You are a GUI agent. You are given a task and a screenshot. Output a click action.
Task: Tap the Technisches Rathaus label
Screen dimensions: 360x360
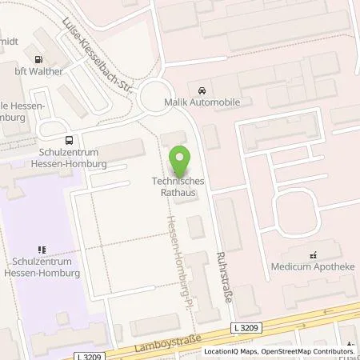(x=178, y=186)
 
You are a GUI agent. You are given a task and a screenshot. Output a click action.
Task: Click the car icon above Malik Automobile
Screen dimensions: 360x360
(x=199, y=87)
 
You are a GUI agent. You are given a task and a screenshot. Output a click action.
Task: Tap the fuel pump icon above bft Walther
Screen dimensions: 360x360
(x=37, y=58)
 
